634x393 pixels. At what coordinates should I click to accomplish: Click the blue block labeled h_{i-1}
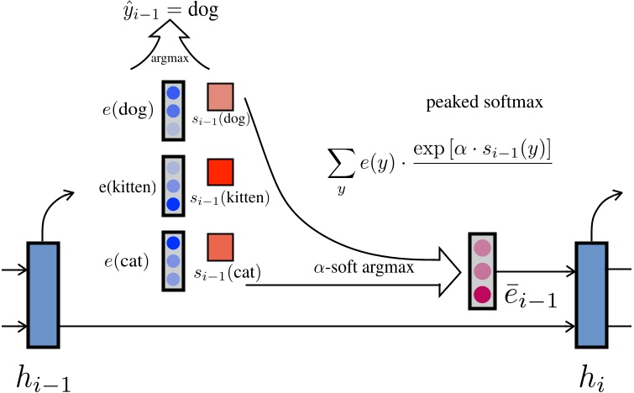pyautogui.click(x=43, y=294)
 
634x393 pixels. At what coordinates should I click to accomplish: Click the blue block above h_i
pyautogui.click(x=590, y=294)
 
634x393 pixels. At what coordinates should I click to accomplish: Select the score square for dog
pyautogui.click(x=220, y=97)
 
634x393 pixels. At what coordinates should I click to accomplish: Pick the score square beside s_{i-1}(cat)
pyautogui.click(x=220, y=248)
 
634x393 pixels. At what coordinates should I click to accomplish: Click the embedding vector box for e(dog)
pyautogui.click(x=172, y=111)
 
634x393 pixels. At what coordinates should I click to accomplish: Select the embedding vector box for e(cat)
pyautogui.click(x=172, y=261)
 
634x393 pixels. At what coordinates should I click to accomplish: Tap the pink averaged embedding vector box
pyautogui.click(x=482, y=271)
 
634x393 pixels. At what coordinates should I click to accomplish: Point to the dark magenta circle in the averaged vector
pyautogui.click(x=482, y=294)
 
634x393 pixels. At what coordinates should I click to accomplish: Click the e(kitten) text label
pyautogui.click(x=127, y=186)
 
